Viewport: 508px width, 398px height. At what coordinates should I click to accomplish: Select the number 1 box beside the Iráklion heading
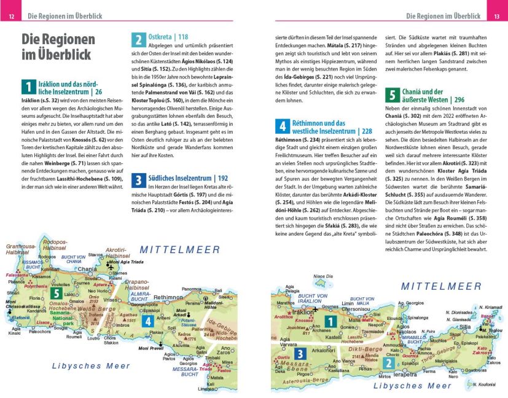pyautogui.click(x=28, y=87)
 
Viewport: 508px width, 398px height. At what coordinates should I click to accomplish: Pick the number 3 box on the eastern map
pyautogui.click(x=299, y=354)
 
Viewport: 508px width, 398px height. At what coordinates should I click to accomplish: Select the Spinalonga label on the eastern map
pyautogui.click(x=416, y=318)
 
